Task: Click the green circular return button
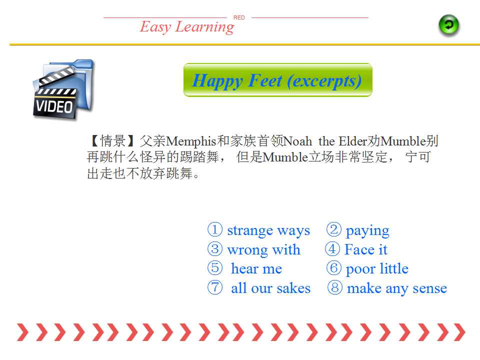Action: click(x=449, y=25)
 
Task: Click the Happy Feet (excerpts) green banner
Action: click(x=277, y=80)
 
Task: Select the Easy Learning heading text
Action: click(x=187, y=27)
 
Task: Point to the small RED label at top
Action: click(x=239, y=17)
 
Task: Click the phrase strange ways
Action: click(x=268, y=231)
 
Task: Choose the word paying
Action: click(x=367, y=231)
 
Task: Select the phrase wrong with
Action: click(x=263, y=250)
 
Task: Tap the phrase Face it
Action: click(x=366, y=249)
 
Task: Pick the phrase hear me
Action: click(x=256, y=268)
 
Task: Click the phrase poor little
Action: click(x=377, y=269)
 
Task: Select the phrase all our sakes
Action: click(x=270, y=288)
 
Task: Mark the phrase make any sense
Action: click(x=397, y=288)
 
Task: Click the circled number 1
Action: click(x=215, y=229)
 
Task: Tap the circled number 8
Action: click(x=334, y=287)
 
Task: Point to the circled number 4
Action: click(x=332, y=249)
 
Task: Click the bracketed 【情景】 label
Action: click(x=112, y=141)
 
